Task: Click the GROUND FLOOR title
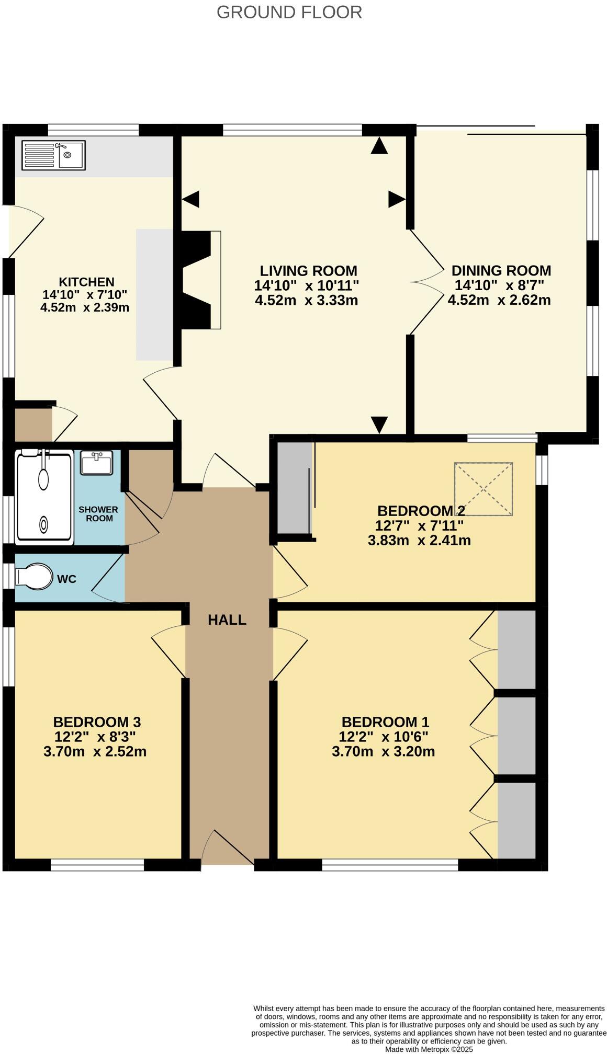point(289,12)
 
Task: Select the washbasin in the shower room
point(97,463)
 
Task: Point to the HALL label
point(227,620)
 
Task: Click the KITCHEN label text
point(86,282)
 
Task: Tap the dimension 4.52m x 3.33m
point(306,300)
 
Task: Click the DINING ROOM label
point(501,270)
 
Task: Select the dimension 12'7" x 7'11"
point(419,525)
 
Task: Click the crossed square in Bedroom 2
point(483,489)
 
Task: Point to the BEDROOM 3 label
point(97,722)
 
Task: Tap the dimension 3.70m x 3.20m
point(383,752)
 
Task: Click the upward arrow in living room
point(379,146)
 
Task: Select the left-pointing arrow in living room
point(191,199)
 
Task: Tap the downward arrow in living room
point(379,423)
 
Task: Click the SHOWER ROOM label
point(98,513)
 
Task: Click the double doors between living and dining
point(426,282)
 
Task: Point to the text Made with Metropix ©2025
point(429,1049)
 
